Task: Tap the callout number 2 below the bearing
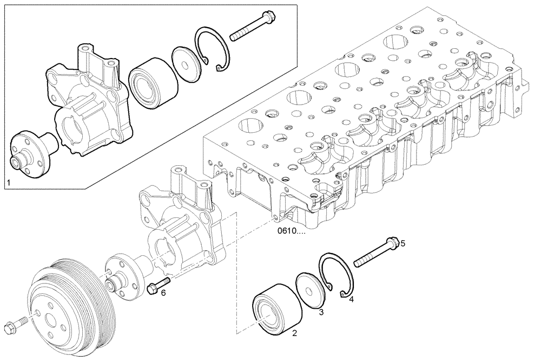[295, 334]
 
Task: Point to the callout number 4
[351, 299]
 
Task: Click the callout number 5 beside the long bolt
[403, 243]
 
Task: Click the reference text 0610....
[291, 231]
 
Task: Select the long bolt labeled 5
[377, 253]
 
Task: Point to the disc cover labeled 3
[311, 291]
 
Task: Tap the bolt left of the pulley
[15, 325]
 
